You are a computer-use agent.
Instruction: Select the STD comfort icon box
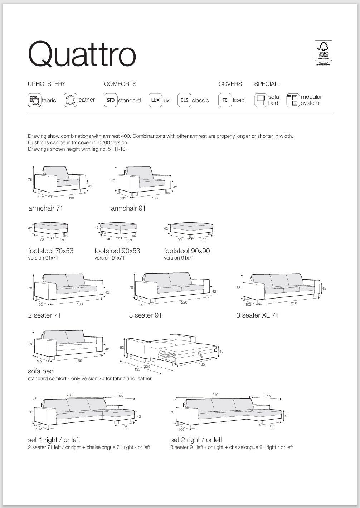pos(111,100)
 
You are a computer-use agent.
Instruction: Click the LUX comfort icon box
pos(155,100)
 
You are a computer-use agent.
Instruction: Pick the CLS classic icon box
pos(184,100)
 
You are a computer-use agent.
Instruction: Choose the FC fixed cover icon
pos(225,100)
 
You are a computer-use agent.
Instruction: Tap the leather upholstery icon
pos(70,100)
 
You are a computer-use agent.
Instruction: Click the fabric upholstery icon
pos(34,100)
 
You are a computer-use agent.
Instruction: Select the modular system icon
pos(293,100)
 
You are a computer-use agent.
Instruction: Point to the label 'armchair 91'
pos(128,208)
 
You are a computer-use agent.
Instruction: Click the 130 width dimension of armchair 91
pos(154,198)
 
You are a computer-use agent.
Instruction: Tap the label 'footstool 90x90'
pos(187,251)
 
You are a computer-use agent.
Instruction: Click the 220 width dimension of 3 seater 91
pos(184,303)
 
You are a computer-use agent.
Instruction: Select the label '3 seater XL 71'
pos(257,315)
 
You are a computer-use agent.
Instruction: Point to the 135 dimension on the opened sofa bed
pos(202,364)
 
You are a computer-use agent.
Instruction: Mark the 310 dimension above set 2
pos(215,395)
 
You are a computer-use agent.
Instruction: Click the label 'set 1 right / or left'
pos(54,440)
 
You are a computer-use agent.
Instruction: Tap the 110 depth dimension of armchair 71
pos(71,198)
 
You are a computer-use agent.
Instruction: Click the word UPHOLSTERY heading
pos(47,84)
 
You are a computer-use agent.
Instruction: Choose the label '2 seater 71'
pos(44,315)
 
